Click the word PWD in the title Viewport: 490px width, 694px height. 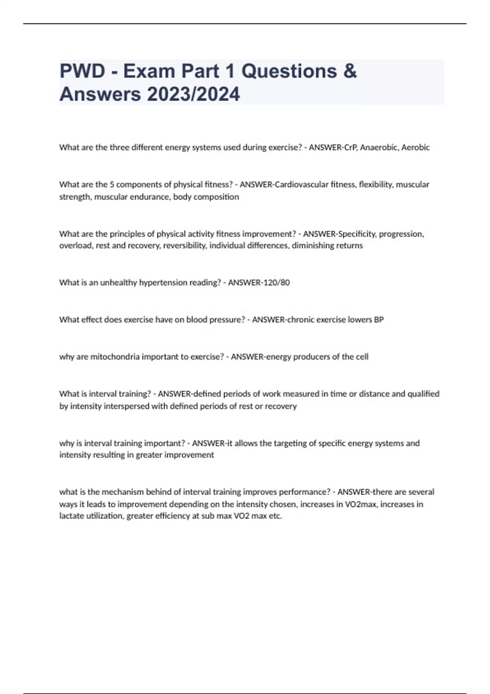(82, 71)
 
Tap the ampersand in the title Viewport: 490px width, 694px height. (350, 71)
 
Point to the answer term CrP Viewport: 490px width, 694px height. (350, 147)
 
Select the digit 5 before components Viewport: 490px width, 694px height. (111, 185)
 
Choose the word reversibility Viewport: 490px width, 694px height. (185, 246)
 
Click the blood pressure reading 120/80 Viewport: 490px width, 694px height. (276, 282)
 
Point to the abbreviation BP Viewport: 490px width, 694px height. (379, 320)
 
